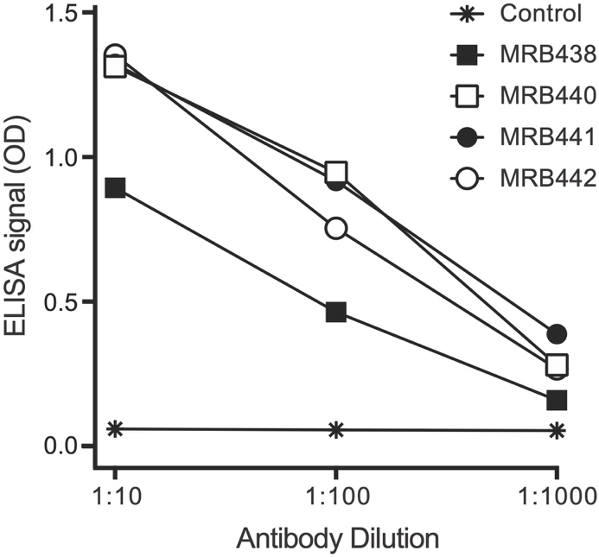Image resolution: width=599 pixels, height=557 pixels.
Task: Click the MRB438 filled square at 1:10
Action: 115,187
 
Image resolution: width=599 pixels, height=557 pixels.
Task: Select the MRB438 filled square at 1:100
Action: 336,312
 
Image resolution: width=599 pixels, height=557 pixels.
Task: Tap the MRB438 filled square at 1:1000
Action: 558,400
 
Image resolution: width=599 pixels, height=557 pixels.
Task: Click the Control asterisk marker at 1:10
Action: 115,428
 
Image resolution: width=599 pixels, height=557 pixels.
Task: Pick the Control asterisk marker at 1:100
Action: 336,429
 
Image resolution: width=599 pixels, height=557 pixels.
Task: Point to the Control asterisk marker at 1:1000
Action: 558,430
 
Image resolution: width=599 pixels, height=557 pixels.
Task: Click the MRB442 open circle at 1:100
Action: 336,228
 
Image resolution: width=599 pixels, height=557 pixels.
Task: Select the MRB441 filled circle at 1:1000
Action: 558,333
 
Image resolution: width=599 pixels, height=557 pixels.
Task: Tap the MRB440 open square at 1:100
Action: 336,171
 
